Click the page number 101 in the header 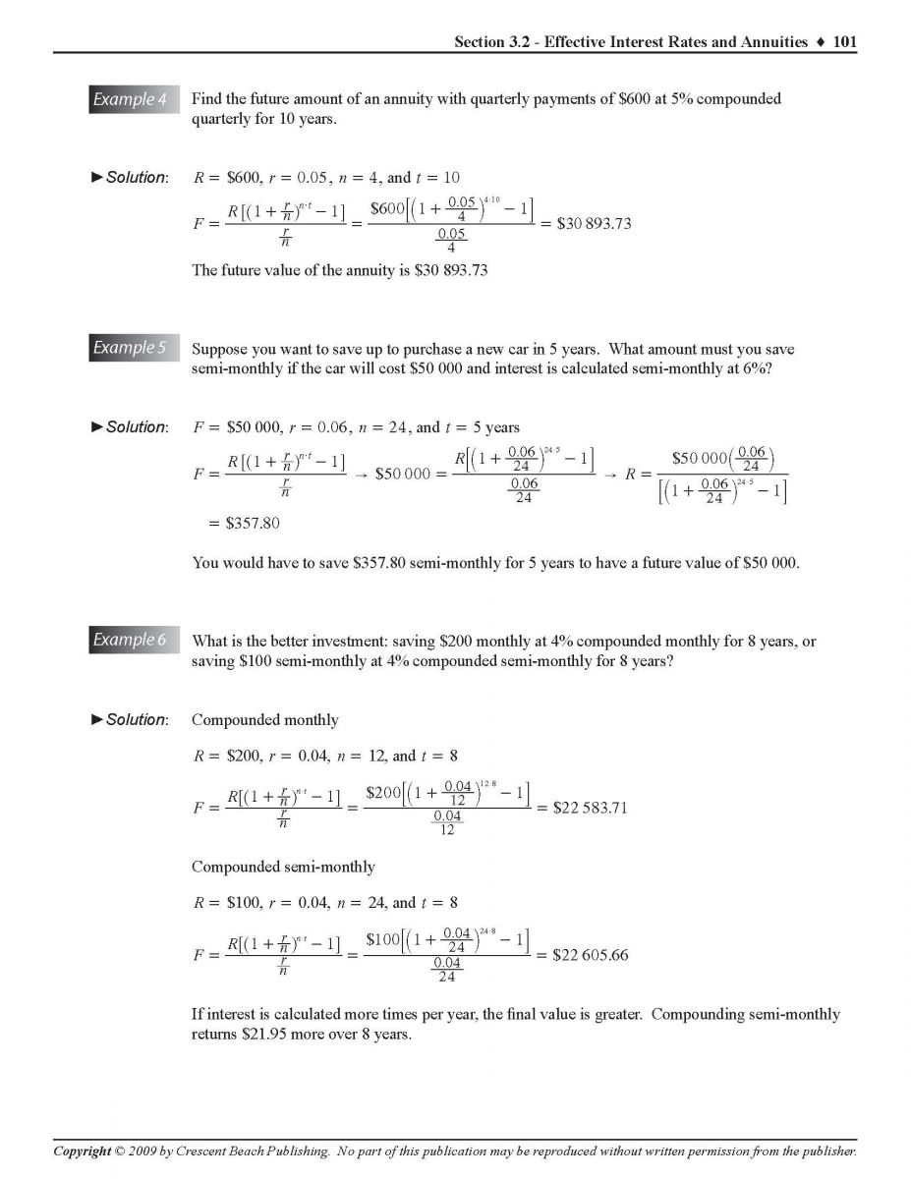(844, 41)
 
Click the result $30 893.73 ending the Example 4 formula (594, 224)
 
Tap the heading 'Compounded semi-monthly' (283, 867)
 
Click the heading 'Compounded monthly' (264, 720)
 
